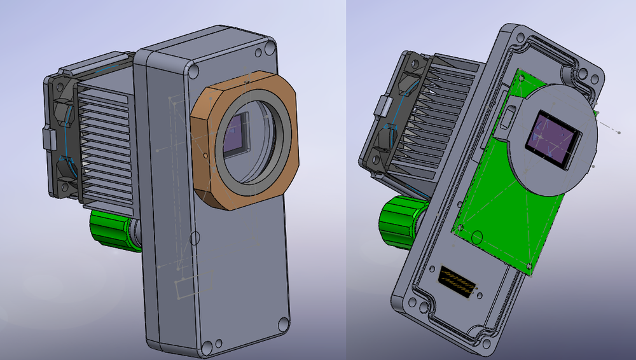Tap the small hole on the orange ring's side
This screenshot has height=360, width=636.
tap(205, 153)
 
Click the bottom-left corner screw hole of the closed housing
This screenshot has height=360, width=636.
tap(206, 347)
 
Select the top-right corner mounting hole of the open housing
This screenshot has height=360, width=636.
tap(596, 80)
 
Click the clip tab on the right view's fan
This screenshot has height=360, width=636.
tap(383, 105)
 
